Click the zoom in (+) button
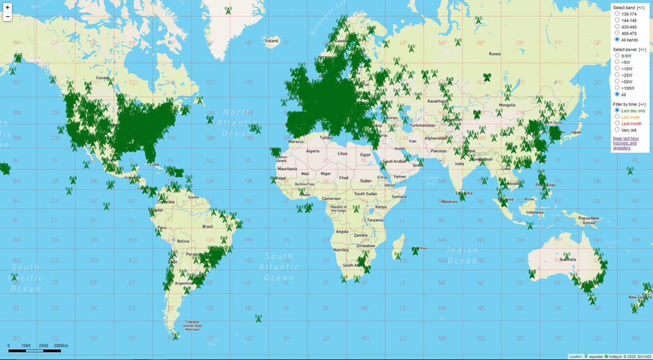pyautogui.click(x=7, y=6)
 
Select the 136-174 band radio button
pyautogui.click(x=617, y=14)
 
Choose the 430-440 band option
pyautogui.click(x=617, y=27)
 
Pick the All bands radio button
pyautogui.click(x=617, y=40)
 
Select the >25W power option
pyautogui.click(x=617, y=75)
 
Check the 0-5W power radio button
pyautogui.click(x=617, y=56)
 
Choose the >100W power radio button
pyautogui.click(x=617, y=88)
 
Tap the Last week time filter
pyautogui.click(x=617, y=117)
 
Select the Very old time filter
pyautogui.click(x=617, y=130)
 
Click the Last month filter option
pyautogui.click(x=617, y=123)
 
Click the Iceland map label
pyautogui.click(x=271, y=41)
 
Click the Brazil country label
pyautogui.click(x=208, y=226)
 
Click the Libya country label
pyautogui.click(x=342, y=153)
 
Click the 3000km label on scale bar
pyautogui.click(x=61, y=345)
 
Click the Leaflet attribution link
pyautogui.click(x=575, y=357)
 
